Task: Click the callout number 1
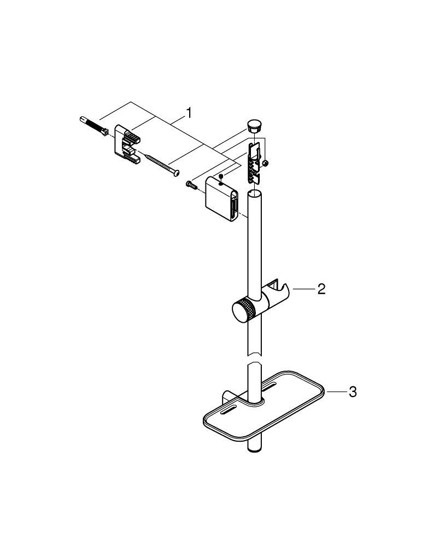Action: click(x=189, y=113)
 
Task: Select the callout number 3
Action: click(x=353, y=392)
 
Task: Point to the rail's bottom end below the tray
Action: click(x=254, y=448)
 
